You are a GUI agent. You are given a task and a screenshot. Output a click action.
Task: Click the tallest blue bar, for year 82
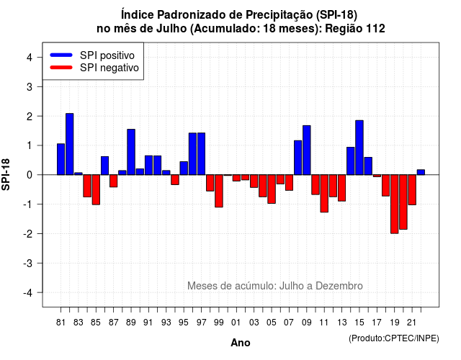70,144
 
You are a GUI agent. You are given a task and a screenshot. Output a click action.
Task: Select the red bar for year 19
395,204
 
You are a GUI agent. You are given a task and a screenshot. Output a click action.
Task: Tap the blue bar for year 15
359,148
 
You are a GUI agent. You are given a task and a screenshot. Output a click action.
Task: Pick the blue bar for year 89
131,152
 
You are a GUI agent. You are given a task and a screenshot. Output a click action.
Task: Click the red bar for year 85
96,190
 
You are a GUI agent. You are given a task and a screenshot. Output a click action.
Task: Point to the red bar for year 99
219,191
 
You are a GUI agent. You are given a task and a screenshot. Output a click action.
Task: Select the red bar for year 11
324,194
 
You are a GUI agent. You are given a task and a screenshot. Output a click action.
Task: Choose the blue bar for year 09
307,150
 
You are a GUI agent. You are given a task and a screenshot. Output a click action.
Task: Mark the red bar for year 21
412,190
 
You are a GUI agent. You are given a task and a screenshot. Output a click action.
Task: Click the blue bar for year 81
61,159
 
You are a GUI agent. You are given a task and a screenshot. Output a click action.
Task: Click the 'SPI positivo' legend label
107,55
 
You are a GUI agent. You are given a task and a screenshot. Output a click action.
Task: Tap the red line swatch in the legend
61,68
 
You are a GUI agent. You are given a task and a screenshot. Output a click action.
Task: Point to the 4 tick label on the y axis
30,58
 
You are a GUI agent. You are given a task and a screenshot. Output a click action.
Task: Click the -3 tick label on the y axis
28,264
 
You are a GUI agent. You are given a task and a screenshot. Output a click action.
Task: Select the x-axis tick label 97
202,323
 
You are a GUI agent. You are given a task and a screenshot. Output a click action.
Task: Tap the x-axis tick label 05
272,323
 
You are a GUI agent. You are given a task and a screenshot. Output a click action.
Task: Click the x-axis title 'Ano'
241,343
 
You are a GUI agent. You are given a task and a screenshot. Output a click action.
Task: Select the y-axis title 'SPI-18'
6,174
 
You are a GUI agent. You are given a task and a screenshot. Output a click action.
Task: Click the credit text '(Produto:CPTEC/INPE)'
394,338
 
